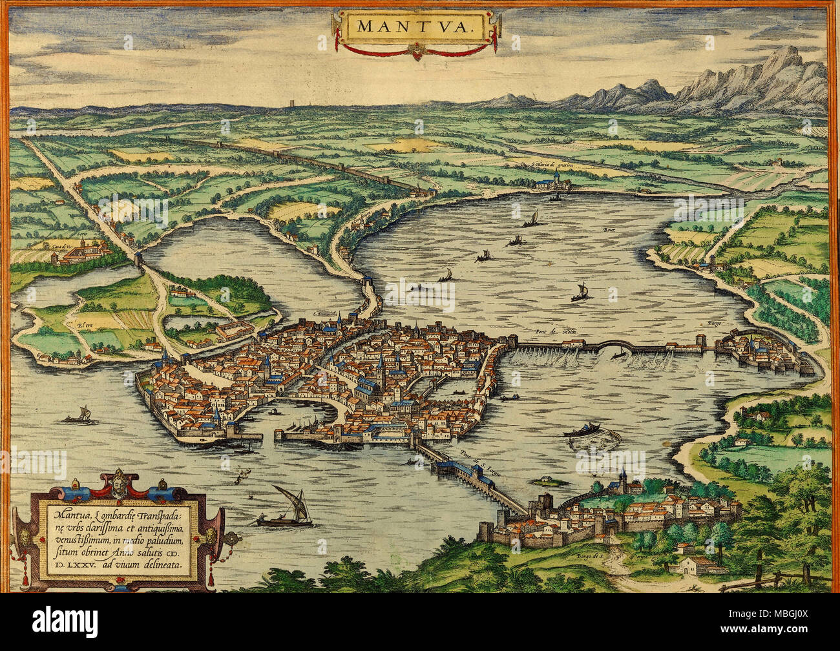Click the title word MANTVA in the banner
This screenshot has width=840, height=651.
[x=415, y=26]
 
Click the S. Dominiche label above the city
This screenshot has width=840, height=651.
[x=326, y=314]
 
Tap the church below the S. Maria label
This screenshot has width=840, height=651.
[x=554, y=181]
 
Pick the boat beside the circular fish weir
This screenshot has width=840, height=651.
[x=583, y=429]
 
